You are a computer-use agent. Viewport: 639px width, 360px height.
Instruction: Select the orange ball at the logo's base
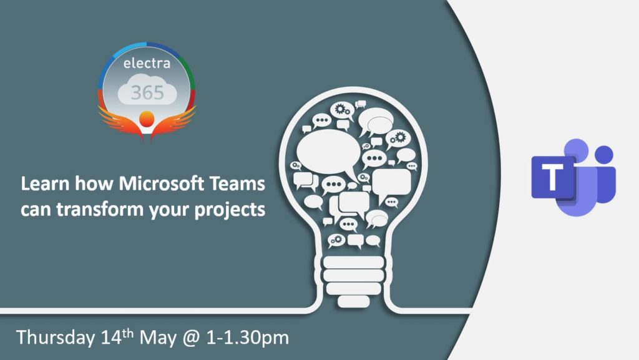click(147, 118)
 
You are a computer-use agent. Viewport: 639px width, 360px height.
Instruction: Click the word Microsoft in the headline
click(163, 185)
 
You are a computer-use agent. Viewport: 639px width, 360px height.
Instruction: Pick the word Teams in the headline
click(239, 185)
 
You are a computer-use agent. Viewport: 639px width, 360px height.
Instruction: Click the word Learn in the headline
click(43, 185)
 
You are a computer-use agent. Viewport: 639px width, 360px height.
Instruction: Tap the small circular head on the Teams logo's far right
click(603, 154)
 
